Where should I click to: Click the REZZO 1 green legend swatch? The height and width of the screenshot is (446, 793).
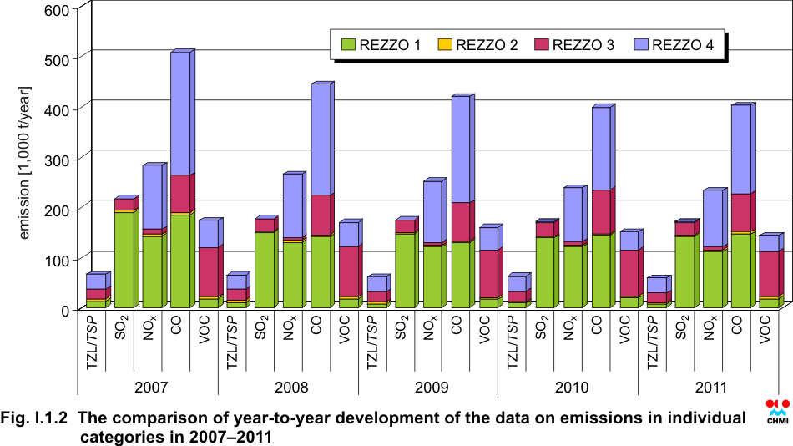pyautogui.click(x=348, y=44)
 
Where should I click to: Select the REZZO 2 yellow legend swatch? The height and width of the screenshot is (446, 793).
pyautogui.click(x=445, y=44)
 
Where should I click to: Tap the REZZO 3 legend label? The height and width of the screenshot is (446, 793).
pyautogui.click(x=583, y=45)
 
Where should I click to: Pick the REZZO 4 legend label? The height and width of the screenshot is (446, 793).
pyautogui.click(x=683, y=45)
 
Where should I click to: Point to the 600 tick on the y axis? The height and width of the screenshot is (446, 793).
pyautogui.click(x=57, y=10)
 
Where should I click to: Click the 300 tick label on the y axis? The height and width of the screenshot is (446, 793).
pyautogui.click(x=57, y=160)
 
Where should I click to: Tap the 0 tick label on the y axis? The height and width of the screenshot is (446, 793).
pyautogui.click(x=66, y=311)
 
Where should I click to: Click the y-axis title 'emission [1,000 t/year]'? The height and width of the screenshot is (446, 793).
pyautogui.click(x=23, y=163)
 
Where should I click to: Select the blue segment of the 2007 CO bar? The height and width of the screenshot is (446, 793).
pyautogui.click(x=180, y=114)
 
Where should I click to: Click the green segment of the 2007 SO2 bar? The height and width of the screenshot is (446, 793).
pyautogui.click(x=124, y=261)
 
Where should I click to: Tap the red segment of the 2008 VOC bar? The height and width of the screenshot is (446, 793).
pyautogui.click(x=348, y=271)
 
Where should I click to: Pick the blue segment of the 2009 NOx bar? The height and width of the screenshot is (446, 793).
pyautogui.click(x=432, y=212)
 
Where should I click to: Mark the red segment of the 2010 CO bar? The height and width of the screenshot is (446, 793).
pyautogui.click(x=601, y=212)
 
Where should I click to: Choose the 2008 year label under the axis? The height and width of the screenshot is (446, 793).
pyautogui.click(x=291, y=388)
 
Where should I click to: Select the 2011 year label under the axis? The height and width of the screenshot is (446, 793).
pyautogui.click(x=711, y=388)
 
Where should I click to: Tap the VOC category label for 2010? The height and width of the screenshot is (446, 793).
pyautogui.click(x=624, y=330)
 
